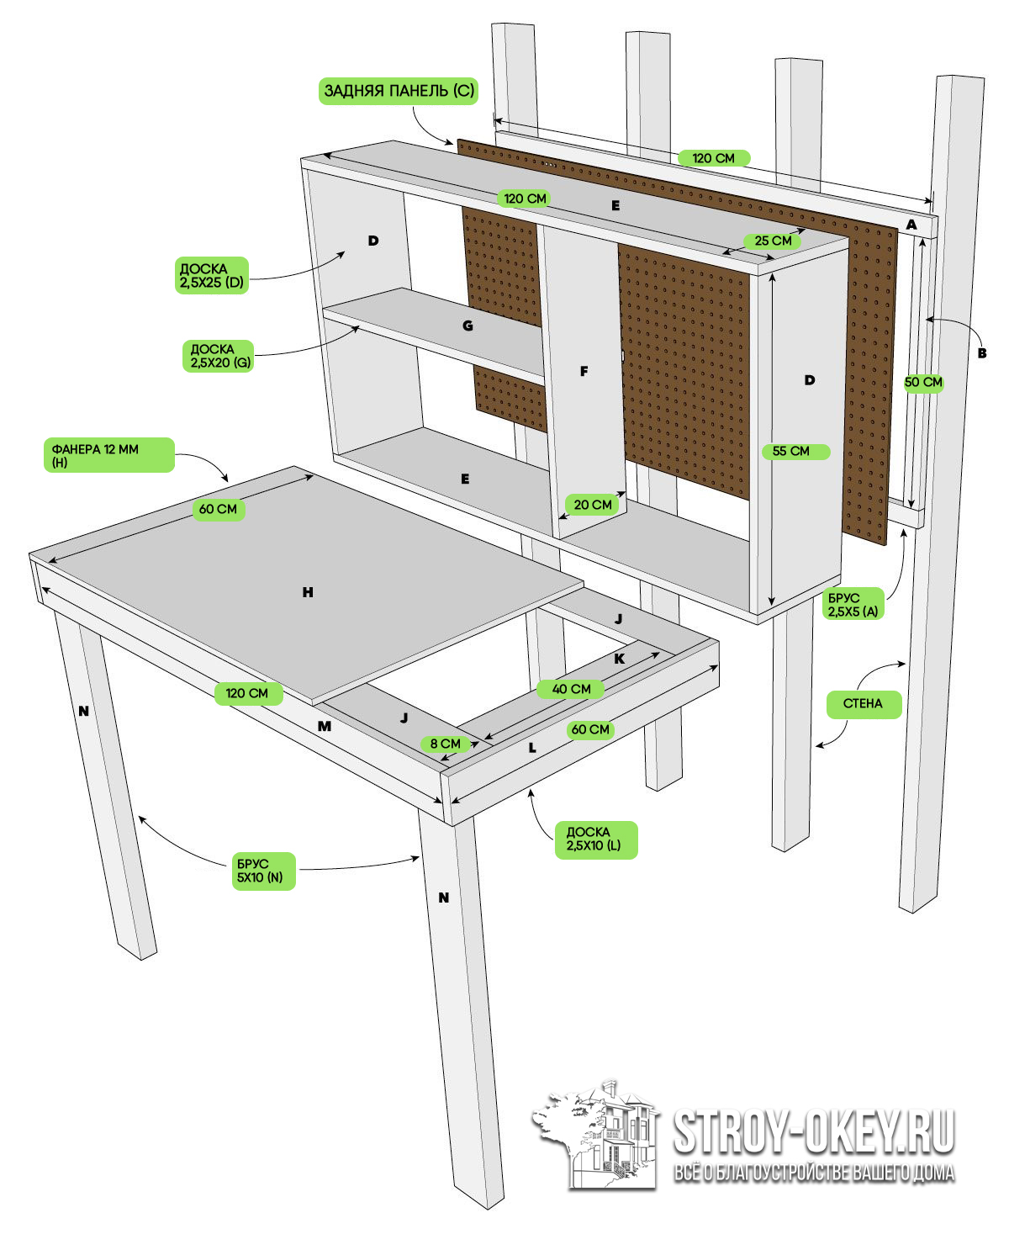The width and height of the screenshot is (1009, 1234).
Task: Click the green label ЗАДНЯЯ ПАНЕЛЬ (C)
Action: pyautogui.click(x=399, y=91)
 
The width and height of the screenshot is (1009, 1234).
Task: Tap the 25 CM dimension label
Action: pyautogui.click(x=773, y=241)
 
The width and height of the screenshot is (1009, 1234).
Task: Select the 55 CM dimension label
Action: pyautogui.click(x=791, y=452)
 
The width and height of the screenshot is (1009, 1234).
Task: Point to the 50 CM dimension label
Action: pyautogui.click(x=923, y=382)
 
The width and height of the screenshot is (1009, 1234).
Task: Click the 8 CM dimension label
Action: pyautogui.click(x=445, y=744)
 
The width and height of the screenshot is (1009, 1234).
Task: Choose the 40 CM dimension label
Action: pyautogui.click(x=571, y=689)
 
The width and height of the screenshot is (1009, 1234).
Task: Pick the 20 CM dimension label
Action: pyautogui.click(x=593, y=505)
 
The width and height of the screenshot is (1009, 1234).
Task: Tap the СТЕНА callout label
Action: pyautogui.click(x=864, y=704)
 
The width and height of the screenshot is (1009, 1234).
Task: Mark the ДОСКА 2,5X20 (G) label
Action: pyautogui.click(x=216, y=356)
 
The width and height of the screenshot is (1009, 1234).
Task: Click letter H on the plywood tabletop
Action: pyautogui.click(x=308, y=593)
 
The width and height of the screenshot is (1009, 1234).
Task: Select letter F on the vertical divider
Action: pyautogui.click(x=584, y=371)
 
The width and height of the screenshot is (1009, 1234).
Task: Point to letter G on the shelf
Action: pyautogui.click(x=468, y=326)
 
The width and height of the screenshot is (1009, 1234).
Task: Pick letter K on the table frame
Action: pyautogui.click(x=620, y=659)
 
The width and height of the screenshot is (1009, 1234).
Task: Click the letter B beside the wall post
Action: pyautogui.click(x=981, y=353)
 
